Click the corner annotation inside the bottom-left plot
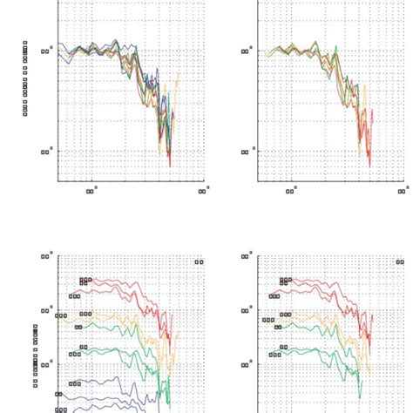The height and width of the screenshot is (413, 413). [x=199, y=261]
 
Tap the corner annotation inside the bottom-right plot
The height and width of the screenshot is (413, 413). [x=397, y=261]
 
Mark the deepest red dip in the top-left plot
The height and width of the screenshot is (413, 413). [x=170, y=164]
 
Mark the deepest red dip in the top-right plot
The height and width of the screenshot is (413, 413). [x=369, y=164]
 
